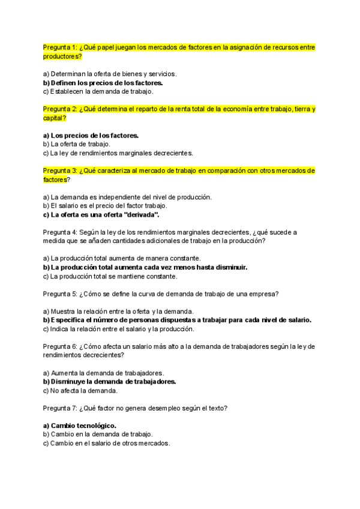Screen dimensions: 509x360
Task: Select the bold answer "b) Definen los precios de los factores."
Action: [103, 83]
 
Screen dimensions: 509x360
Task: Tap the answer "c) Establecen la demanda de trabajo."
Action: [98, 92]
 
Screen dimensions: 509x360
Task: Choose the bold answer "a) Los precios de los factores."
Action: [91, 136]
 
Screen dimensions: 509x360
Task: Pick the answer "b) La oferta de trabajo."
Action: [77, 144]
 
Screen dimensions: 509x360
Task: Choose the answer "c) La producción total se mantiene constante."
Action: [110, 276]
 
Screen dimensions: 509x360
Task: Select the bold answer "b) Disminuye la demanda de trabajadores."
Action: [109, 381]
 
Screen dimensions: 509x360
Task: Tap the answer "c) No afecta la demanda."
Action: [80, 390]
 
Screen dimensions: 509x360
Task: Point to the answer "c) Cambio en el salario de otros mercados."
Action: [106, 443]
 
